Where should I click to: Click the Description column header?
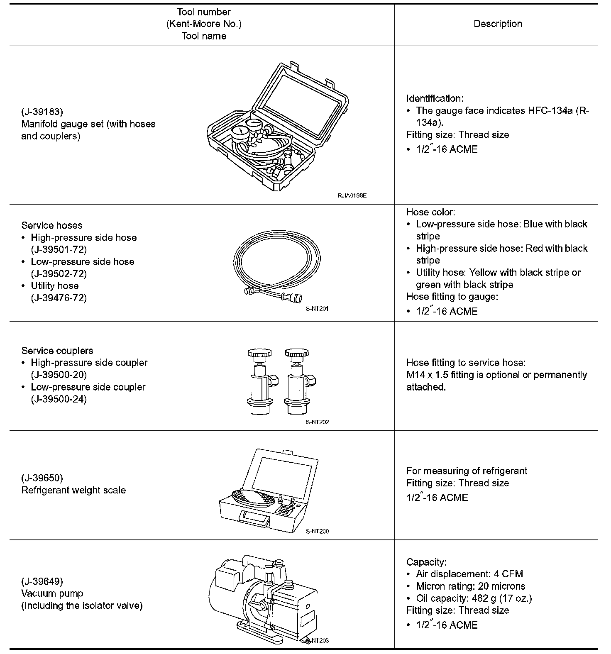(x=498, y=24)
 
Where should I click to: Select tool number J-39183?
(x=42, y=112)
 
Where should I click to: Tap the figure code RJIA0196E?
(x=352, y=195)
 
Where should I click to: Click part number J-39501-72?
(x=59, y=249)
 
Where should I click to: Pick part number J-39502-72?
(x=59, y=274)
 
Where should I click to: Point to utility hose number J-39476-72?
(x=59, y=298)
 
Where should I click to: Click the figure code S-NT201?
(x=317, y=309)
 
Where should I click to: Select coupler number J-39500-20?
(x=59, y=375)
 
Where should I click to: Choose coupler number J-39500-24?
(x=59, y=399)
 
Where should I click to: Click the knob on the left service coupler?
(x=260, y=354)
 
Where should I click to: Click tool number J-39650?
(x=42, y=478)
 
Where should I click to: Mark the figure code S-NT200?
(x=317, y=531)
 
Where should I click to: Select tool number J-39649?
(x=42, y=581)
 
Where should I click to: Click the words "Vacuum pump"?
(x=52, y=593)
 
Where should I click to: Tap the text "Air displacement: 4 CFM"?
(x=469, y=574)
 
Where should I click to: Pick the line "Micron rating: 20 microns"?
(x=471, y=586)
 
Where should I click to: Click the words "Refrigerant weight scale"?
(x=73, y=490)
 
